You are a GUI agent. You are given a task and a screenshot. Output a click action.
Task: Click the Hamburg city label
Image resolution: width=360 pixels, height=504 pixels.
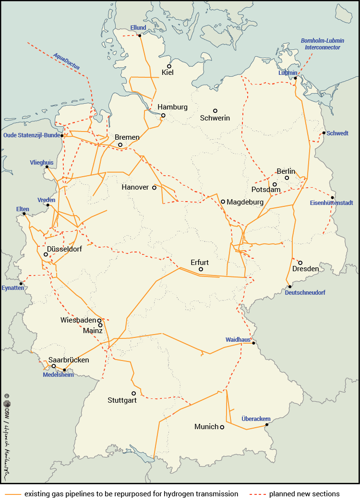(172, 107)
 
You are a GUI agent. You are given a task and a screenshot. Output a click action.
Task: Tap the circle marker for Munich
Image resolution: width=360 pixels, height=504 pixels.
(222, 427)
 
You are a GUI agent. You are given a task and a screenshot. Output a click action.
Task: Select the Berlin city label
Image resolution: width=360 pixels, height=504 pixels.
(286, 171)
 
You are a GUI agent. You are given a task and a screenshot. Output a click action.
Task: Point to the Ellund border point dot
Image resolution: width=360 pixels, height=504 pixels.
(140, 36)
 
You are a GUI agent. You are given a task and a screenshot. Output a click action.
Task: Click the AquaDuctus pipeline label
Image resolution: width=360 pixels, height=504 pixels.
(67, 61)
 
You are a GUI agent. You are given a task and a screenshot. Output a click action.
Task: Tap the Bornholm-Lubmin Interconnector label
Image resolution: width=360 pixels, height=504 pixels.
(321, 44)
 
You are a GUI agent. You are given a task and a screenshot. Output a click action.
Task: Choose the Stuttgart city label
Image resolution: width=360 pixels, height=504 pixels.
(122, 400)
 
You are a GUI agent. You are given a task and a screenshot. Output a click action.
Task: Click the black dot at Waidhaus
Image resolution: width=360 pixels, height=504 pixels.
(254, 343)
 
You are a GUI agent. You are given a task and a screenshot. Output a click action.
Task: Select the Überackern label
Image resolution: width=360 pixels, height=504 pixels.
(256, 419)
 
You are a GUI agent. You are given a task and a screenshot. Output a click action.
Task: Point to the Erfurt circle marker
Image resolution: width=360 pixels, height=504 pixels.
(201, 269)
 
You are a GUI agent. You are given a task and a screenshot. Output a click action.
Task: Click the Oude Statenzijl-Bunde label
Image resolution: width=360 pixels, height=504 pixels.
(31, 135)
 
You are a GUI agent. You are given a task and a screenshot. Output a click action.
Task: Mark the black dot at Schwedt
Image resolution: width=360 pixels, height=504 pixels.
(324, 133)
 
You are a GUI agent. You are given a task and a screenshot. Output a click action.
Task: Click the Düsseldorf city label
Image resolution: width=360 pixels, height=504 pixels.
(64, 249)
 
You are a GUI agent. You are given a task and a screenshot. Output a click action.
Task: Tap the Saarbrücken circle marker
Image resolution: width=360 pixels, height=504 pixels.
(54, 366)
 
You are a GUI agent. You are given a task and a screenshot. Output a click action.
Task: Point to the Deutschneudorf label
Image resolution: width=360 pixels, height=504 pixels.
(305, 292)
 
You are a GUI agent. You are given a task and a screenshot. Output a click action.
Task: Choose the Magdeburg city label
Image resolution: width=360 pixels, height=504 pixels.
(245, 202)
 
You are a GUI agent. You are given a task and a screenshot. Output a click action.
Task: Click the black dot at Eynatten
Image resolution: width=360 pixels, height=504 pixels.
(21, 283)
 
